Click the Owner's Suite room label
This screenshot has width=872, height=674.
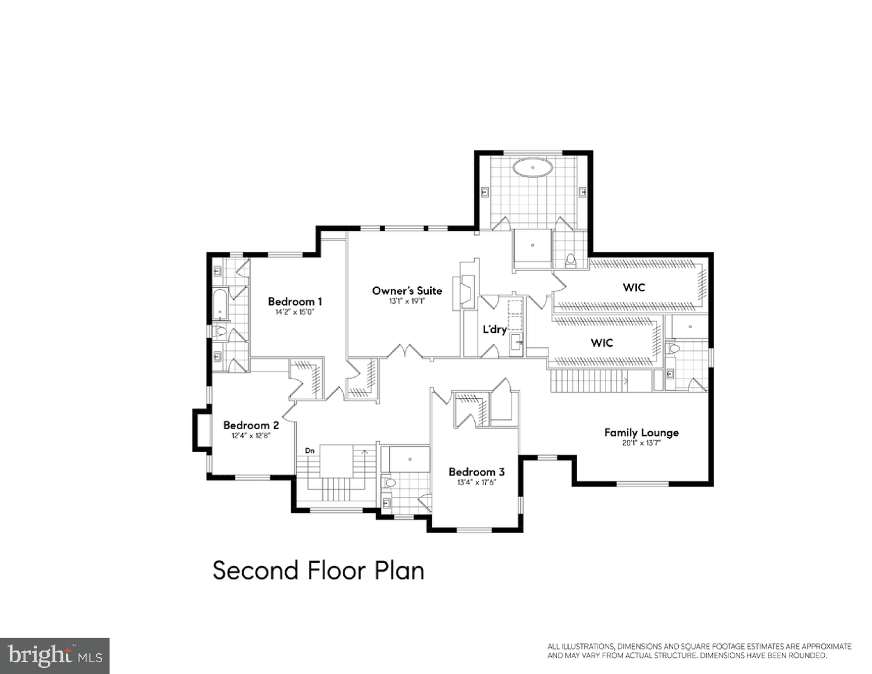[x=407, y=291]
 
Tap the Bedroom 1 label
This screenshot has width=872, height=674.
[x=295, y=302]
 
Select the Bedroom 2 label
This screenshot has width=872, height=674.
[x=251, y=425]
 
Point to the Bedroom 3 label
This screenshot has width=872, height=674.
[x=477, y=472]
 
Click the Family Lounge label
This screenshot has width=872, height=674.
[x=642, y=433]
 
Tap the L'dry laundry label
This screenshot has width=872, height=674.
[x=494, y=330]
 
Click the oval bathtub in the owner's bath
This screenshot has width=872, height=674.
[x=533, y=167]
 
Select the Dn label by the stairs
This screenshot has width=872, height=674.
[x=309, y=451]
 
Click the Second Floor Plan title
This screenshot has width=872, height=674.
[x=319, y=570]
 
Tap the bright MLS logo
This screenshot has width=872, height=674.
[x=54, y=656]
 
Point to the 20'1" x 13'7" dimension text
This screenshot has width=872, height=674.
[x=641, y=443]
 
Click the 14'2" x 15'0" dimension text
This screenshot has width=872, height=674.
[x=294, y=312]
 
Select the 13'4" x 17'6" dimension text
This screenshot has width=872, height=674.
[x=477, y=482]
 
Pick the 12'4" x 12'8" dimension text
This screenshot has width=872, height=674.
[x=251, y=435]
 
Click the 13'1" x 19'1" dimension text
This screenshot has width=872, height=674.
[x=407, y=301]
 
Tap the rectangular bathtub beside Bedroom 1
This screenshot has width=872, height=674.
[x=220, y=304]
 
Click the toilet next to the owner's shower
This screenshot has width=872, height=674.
[x=570, y=261]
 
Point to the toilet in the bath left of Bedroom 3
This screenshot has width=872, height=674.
[x=389, y=482]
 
